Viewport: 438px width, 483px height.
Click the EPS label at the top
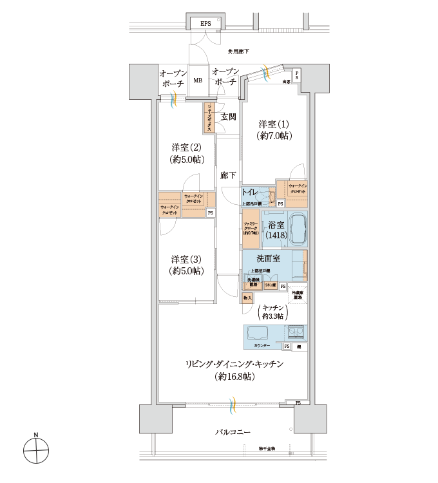pyautogui.click(x=205, y=24)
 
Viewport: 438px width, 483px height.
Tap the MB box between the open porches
pyautogui.click(x=198, y=82)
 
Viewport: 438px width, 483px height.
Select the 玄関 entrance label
pyautogui.click(x=228, y=117)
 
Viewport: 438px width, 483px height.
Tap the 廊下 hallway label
pyautogui.click(x=227, y=175)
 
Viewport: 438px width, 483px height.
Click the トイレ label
pyautogui.click(x=250, y=193)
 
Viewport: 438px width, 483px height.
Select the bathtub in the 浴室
pyautogui.click(x=298, y=229)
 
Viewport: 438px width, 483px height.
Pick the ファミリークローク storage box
pyautogui.click(x=251, y=229)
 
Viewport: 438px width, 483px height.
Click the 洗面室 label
pyautogui.click(x=267, y=259)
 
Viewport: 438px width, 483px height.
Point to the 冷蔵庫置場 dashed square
pyautogui.click(x=298, y=294)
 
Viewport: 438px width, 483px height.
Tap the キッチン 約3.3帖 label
pyautogui.click(x=274, y=312)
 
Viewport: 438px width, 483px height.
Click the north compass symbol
pyautogui.click(x=37, y=449)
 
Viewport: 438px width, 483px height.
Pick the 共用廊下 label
pyautogui.click(x=238, y=51)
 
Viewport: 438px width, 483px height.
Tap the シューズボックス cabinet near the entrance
pyautogui.click(x=210, y=118)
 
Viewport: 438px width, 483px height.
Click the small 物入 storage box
pyautogui.click(x=247, y=298)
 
